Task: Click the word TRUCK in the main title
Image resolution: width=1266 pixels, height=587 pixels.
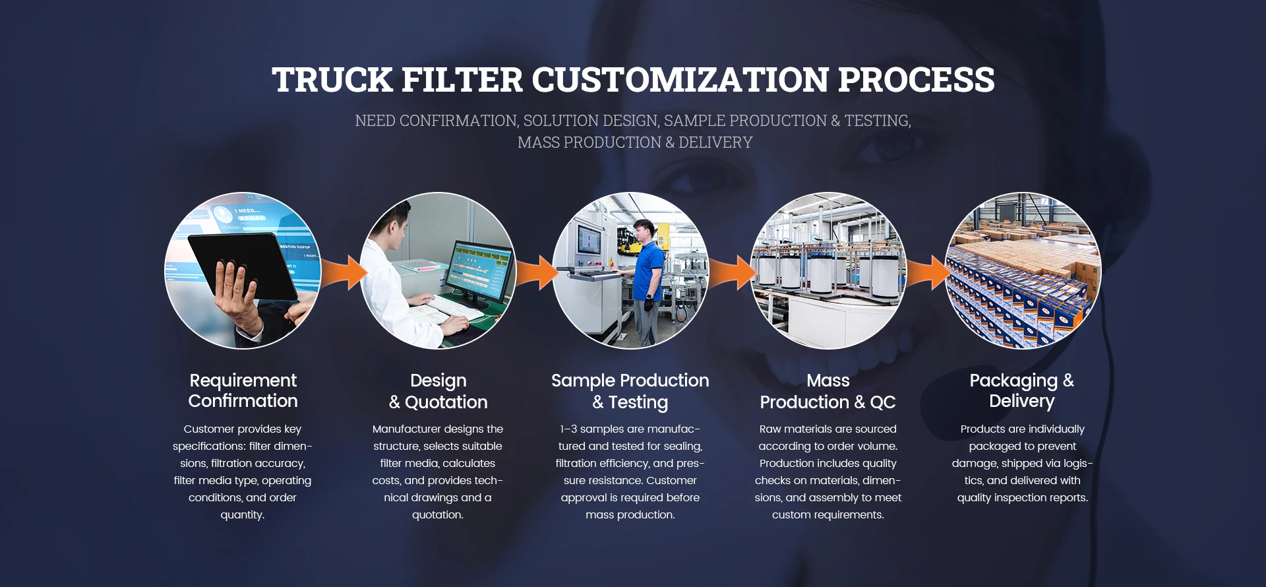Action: tap(332, 80)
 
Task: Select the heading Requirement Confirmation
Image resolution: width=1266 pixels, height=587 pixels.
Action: tap(243, 390)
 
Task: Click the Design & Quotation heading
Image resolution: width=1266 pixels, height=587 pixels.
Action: tap(438, 391)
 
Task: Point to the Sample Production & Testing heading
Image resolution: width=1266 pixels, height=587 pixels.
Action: tap(630, 391)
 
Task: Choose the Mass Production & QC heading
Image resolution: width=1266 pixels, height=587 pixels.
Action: tap(828, 391)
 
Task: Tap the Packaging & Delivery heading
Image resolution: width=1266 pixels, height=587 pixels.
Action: tap(1021, 390)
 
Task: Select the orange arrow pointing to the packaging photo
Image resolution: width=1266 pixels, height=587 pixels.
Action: tap(928, 272)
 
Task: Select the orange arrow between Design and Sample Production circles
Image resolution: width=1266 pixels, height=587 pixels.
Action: tap(537, 272)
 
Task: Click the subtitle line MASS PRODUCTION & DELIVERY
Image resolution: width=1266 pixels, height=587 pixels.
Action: tap(634, 142)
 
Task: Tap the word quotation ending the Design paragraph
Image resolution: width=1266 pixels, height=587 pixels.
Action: tap(437, 515)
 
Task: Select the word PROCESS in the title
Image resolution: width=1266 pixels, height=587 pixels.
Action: tap(916, 80)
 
